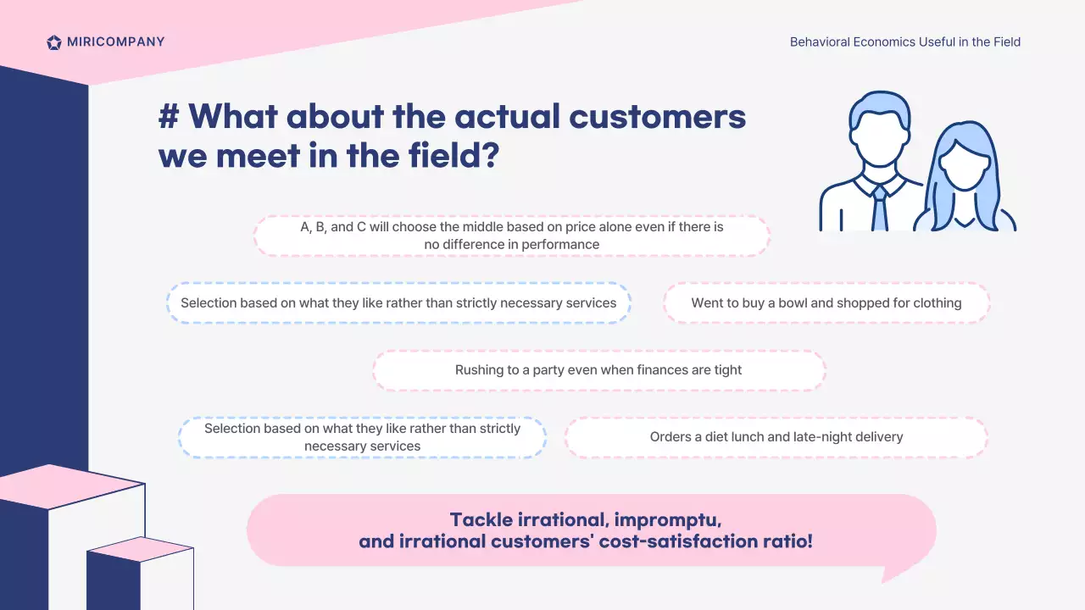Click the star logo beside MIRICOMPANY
(x=53, y=42)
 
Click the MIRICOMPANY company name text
(x=116, y=42)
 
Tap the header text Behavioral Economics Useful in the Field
(x=904, y=42)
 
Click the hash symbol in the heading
(x=169, y=117)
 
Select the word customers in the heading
(x=657, y=117)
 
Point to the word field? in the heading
(x=453, y=155)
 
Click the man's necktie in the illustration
(x=880, y=209)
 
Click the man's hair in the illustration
(x=880, y=110)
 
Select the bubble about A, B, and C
(x=511, y=236)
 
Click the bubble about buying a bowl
(x=826, y=303)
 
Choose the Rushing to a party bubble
(x=598, y=370)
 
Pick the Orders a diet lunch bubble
(x=776, y=437)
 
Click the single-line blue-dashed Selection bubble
(x=398, y=303)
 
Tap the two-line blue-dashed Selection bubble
(x=362, y=437)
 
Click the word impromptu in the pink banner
(x=668, y=520)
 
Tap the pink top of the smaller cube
(x=141, y=549)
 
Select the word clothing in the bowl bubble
(x=938, y=303)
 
